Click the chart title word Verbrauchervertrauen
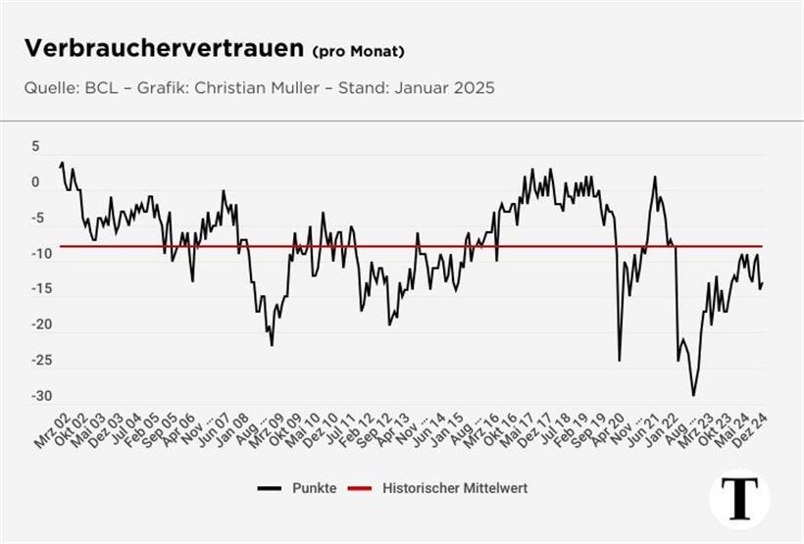164,49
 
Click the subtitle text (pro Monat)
358,51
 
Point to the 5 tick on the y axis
35,146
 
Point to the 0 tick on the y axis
35,182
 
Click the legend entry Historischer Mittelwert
454,488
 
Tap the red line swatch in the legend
360,488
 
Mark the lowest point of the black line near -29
693,395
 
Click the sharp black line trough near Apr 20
619,360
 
